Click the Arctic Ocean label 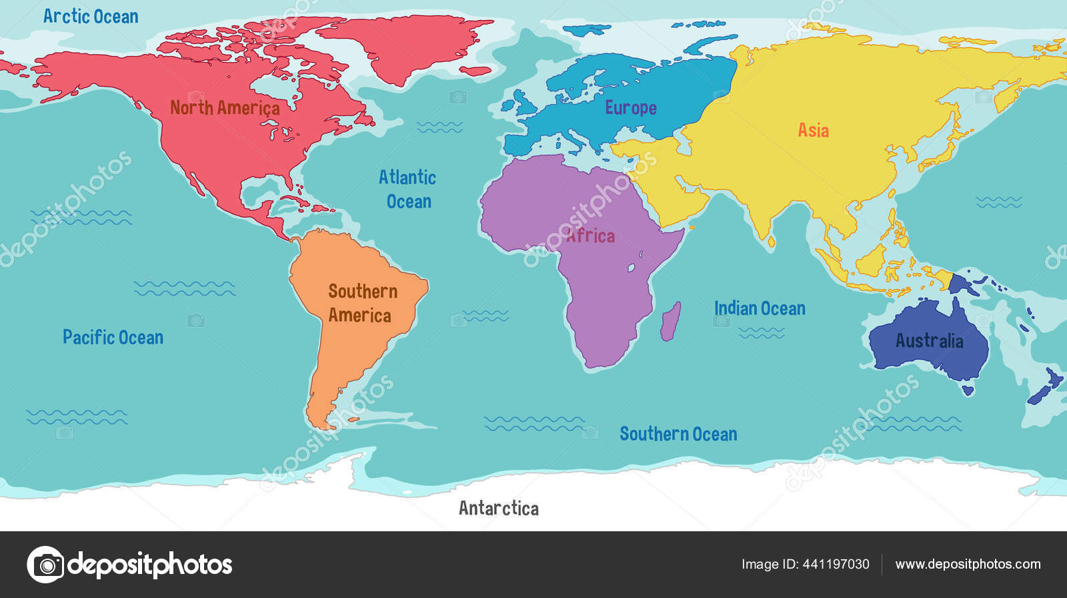click(x=91, y=17)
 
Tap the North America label click(x=225, y=107)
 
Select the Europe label click(x=630, y=107)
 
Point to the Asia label click(x=813, y=130)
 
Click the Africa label click(x=591, y=236)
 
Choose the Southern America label click(x=361, y=303)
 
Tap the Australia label click(x=929, y=341)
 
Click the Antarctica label click(x=498, y=509)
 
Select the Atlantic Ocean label click(x=407, y=189)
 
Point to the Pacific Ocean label click(x=113, y=337)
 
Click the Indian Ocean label click(x=760, y=308)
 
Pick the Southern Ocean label click(x=678, y=434)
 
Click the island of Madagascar click(x=671, y=321)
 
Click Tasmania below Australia click(x=968, y=390)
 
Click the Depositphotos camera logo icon click(x=45, y=565)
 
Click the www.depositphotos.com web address click(x=968, y=565)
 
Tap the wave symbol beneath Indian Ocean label click(x=761, y=332)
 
